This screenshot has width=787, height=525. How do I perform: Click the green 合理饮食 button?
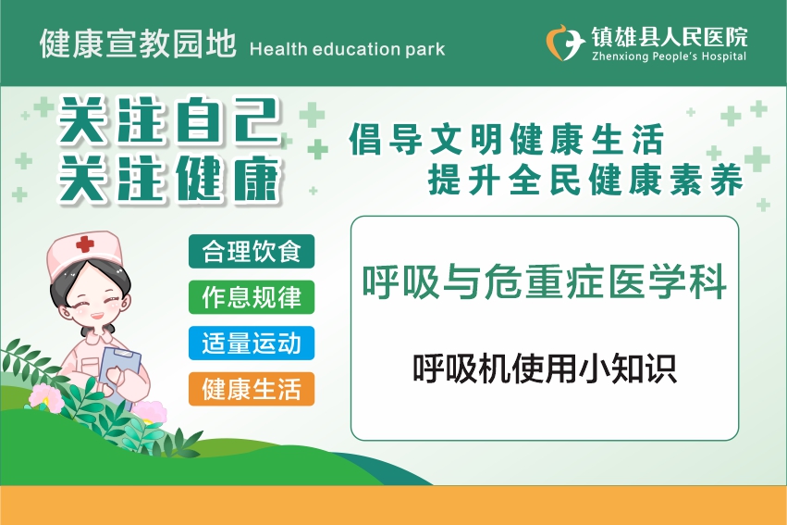click(252, 251)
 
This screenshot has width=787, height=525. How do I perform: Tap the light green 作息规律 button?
click(252, 297)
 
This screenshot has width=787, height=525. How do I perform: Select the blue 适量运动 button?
click(252, 344)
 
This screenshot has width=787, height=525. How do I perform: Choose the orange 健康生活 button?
click(252, 389)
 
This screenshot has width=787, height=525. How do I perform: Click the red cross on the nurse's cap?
click(85, 244)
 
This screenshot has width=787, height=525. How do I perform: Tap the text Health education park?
click(347, 49)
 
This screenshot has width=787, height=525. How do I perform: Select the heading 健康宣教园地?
click(138, 44)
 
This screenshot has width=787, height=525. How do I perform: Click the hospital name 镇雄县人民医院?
click(669, 36)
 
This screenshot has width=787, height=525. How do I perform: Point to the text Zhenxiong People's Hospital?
click(669, 56)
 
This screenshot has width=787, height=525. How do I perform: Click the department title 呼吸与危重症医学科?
click(545, 281)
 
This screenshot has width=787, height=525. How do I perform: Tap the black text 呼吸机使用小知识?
click(545, 369)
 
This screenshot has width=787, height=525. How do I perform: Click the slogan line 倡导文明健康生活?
click(507, 139)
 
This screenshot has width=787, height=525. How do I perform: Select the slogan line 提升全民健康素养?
click(585, 180)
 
